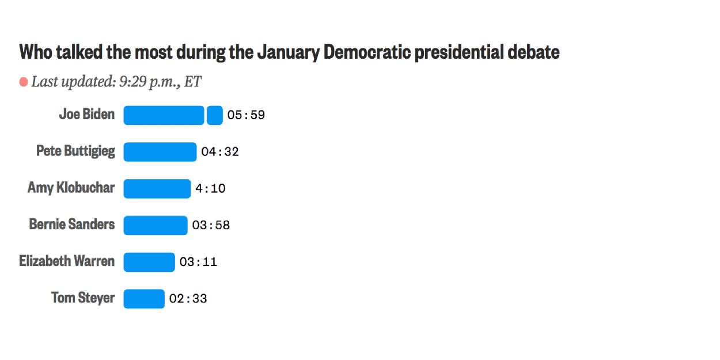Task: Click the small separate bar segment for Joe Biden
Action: (215, 115)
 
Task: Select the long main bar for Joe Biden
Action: (164, 115)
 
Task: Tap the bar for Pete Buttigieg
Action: (160, 152)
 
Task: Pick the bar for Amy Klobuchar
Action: (157, 188)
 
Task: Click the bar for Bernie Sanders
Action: (156, 225)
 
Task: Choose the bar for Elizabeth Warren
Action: (149, 262)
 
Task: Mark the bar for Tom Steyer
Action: (144, 299)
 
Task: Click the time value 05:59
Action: (246, 115)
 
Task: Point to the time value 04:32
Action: (220, 152)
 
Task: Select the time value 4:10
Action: (210, 188)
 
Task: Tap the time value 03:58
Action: (211, 225)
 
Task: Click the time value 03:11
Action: (198, 262)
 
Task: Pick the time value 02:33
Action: (188, 299)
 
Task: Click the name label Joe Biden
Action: (87, 114)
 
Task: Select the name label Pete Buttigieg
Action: (75, 151)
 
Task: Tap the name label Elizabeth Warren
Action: (67, 261)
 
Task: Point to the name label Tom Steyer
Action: (83, 298)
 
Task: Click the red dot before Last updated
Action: (24, 82)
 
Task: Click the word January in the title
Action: (288, 52)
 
